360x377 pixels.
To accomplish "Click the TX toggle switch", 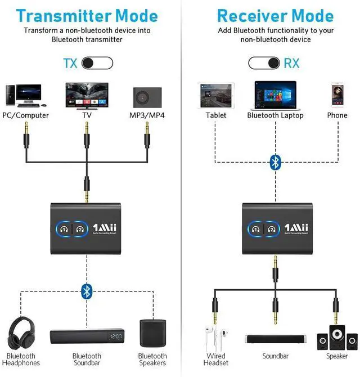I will click(97, 62).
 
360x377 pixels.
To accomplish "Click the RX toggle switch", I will click(264, 62).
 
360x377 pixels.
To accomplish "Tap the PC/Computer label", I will click(26, 115).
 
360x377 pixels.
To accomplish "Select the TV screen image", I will click(86, 95).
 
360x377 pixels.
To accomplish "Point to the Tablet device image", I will click(216, 95).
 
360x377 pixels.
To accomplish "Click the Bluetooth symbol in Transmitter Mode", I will click(86, 291).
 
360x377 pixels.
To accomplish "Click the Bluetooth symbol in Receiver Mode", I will click(275, 163).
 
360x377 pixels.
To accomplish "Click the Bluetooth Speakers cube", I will click(152, 335).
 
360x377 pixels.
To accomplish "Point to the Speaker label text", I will click(337, 356).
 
